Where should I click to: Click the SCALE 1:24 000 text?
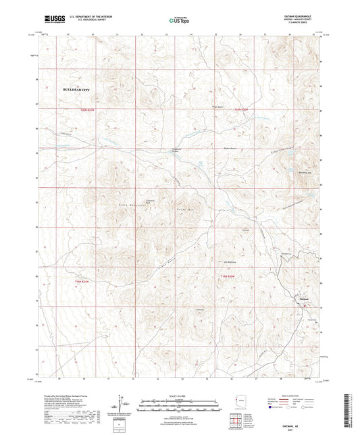[180, 395]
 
